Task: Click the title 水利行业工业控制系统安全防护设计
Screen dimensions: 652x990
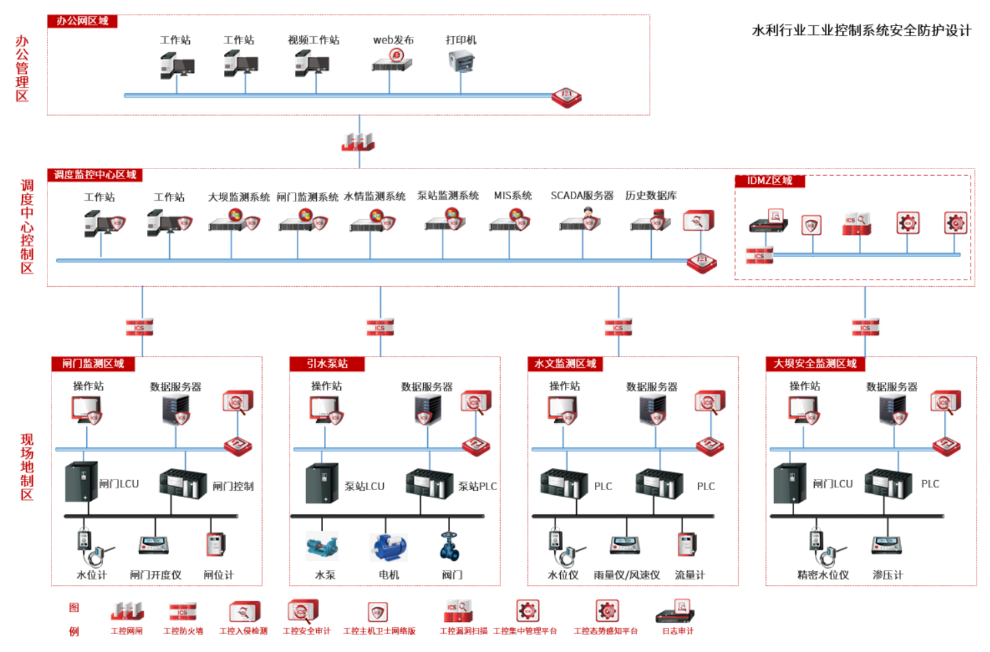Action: click(x=861, y=31)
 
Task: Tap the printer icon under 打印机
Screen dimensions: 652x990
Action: click(x=461, y=62)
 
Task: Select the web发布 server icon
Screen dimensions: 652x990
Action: click(x=392, y=62)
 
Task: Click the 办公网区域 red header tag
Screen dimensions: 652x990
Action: click(x=82, y=21)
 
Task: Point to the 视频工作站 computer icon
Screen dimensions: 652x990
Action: click(x=312, y=64)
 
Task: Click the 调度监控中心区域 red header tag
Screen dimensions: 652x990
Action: click(x=95, y=175)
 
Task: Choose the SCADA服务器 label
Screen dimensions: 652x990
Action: click(x=582, y=196)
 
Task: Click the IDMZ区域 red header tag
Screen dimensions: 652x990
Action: click(x=769, y=181)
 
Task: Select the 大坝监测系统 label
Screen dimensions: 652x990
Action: click(x=239, y=197)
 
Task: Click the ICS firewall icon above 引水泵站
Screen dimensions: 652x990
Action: click(x=380, y=327)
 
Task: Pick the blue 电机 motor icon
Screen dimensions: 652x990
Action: click(x=388, y=548)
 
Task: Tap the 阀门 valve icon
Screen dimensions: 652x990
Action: click(x=450, y=546)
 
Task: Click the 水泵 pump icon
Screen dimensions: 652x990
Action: click(x=323, y=547)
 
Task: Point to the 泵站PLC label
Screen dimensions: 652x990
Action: click(x=477, y=487)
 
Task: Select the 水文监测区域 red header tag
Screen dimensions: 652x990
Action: click(x=565, y=364)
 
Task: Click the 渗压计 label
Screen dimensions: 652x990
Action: click(x=888, y=575)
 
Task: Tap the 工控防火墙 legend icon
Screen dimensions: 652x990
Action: click(x=182, y=612)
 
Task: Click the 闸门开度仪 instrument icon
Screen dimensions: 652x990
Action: click(x=154, y=546)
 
